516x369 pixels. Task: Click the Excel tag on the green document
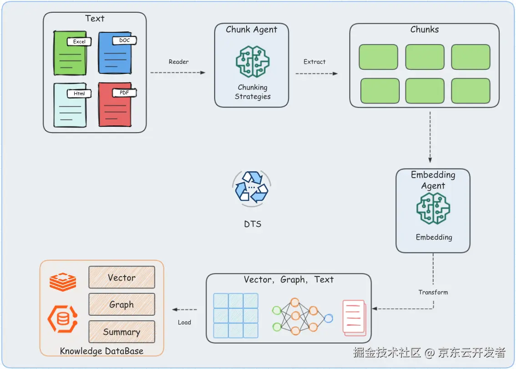click(79, 41)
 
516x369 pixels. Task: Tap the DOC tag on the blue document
click(124, 41)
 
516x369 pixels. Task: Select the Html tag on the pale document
click(79, 94)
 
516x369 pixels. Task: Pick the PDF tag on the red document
click(124, 93)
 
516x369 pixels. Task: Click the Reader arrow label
click(178, 62)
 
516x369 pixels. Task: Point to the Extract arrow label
click(314, 62)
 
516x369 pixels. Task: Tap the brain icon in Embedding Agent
click(433, 209)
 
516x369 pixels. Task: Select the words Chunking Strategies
click(253, 92)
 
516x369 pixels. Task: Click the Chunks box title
click(425, 30)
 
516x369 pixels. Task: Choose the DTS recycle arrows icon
click(252, 187)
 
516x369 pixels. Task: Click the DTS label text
click(253, 224)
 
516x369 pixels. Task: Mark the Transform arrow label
click(433, 292)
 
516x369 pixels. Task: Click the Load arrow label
click(184, 323)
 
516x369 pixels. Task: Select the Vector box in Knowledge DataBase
click(121, 277)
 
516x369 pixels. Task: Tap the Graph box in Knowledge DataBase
click(121, 305)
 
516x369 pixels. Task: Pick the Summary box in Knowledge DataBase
click(121, 332)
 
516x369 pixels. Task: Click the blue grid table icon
click(236, 315)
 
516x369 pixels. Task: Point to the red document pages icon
click(354, 317)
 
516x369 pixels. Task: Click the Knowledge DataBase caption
click(101, 351)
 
